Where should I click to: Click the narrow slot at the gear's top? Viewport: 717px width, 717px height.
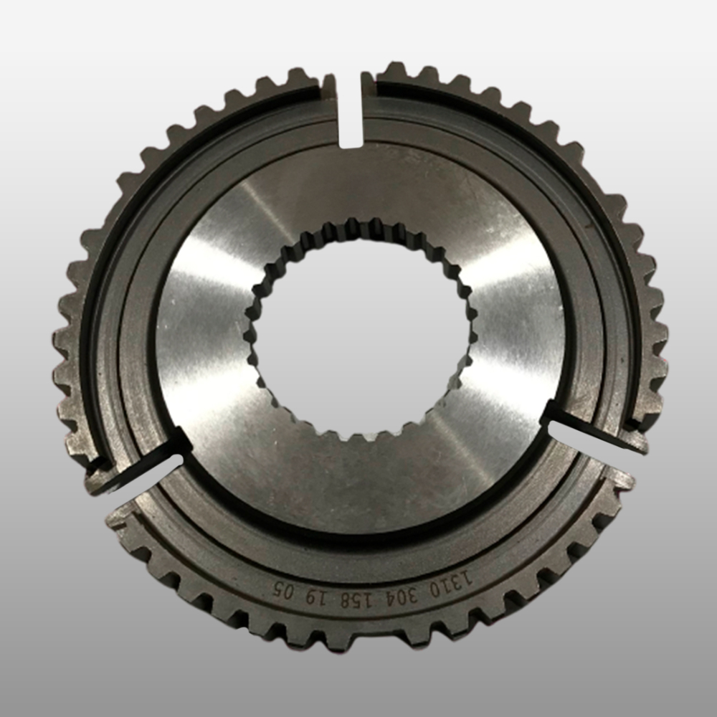point(351,110)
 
